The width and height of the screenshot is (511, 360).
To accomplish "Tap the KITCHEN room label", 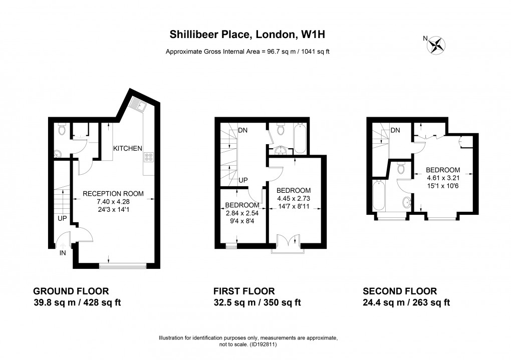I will [128, 149].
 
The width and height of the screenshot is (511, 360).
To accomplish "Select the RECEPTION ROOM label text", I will [113, 194].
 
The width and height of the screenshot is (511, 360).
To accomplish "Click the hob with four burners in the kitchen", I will [149, 157].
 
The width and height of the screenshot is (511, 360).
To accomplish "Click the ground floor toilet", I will [62, 130].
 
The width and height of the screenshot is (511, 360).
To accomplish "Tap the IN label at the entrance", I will [63, 253].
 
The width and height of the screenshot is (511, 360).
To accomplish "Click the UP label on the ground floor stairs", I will [63, 219].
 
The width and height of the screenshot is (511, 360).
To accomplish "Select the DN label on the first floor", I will [243, 130].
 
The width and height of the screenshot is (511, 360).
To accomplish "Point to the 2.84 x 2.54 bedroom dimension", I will [242, 213].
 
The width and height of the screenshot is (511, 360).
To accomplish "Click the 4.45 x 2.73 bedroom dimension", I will [294, 198].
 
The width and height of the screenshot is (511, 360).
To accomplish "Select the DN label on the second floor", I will [395, 131].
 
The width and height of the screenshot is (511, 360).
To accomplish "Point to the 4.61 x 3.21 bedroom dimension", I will [443, 178].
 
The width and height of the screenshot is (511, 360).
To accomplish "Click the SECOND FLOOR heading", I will [400, 291].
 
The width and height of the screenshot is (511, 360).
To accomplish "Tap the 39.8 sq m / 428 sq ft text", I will [77, 302].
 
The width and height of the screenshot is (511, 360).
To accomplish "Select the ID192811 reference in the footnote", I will [264, 344].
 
